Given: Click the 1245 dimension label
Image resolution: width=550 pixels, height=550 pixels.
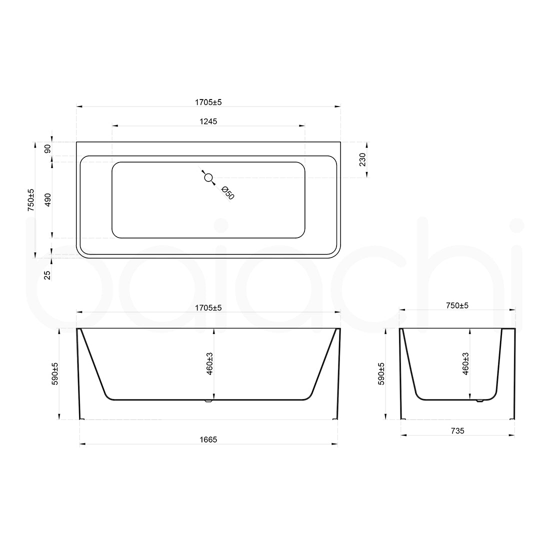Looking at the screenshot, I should click(x=208, y=120).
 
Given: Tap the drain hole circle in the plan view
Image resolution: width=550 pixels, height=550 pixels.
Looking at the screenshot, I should click(x=208, y=176).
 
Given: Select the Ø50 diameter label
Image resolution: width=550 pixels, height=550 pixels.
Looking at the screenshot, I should click(x=227, y=192).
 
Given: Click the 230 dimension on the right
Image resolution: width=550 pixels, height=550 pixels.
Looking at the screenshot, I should click(x=362, y=159).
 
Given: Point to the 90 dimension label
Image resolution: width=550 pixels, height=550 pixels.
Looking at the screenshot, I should click(x=48, y=149).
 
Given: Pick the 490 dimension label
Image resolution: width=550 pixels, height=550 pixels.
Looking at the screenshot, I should click(x=48, y=200).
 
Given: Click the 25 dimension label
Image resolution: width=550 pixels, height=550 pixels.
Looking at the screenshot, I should click(x=48, y=274).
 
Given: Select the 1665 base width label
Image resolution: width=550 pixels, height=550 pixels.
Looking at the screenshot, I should click(x=208, y=439).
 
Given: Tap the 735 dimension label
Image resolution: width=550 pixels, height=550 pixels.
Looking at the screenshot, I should click(x=457, y=430).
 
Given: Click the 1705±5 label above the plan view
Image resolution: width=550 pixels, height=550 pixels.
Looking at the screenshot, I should click(x=208, y=102).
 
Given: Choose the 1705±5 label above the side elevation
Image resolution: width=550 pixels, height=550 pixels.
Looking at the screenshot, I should click(x=208, y=308).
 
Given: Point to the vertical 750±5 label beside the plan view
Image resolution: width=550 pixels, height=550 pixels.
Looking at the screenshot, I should click(x=31, y=200).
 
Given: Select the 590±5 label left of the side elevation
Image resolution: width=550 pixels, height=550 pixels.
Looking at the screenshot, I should click(x=55, y=373).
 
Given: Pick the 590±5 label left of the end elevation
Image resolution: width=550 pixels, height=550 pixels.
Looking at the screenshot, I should click(x=382, y=373).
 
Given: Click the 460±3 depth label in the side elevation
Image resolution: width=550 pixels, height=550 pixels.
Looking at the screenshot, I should click(x=210, y=363).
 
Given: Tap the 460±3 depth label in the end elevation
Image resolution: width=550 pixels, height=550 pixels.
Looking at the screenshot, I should click(x=465, y=363).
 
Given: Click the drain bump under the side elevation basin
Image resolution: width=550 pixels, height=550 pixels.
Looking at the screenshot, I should click(x=209, y=400).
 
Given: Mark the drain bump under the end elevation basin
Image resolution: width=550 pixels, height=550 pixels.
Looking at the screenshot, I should click(x=480, y=400).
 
